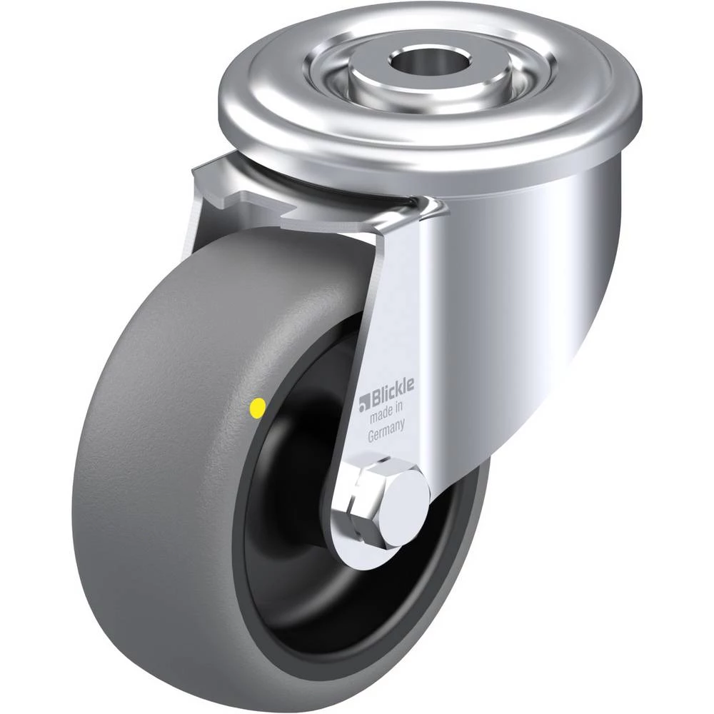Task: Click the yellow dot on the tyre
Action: [x=258, y=408]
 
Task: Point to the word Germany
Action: [x=386, y=431]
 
